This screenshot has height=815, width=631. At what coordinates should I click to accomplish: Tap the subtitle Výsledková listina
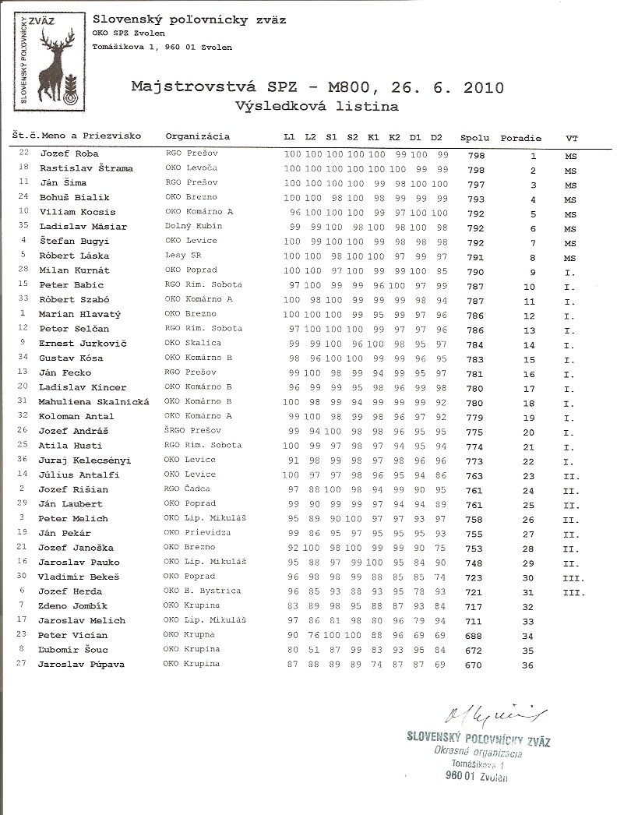click(317, 106)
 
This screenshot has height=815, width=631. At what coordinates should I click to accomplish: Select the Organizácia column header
click(198, 136)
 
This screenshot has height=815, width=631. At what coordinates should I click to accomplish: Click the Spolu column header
click(475, 138)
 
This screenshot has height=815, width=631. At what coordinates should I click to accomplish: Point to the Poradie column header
click(520, 138)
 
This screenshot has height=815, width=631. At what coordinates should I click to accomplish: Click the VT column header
click(572, 138)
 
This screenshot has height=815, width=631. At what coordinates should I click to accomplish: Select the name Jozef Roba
click(69, 154)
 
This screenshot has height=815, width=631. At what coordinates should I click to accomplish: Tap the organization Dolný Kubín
click(192, 227)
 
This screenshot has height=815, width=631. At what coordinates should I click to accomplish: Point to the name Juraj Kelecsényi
click(84, 460)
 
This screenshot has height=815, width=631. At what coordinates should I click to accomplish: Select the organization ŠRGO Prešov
click(192, 431)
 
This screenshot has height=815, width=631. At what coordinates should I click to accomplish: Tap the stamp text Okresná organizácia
click(478, 753)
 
